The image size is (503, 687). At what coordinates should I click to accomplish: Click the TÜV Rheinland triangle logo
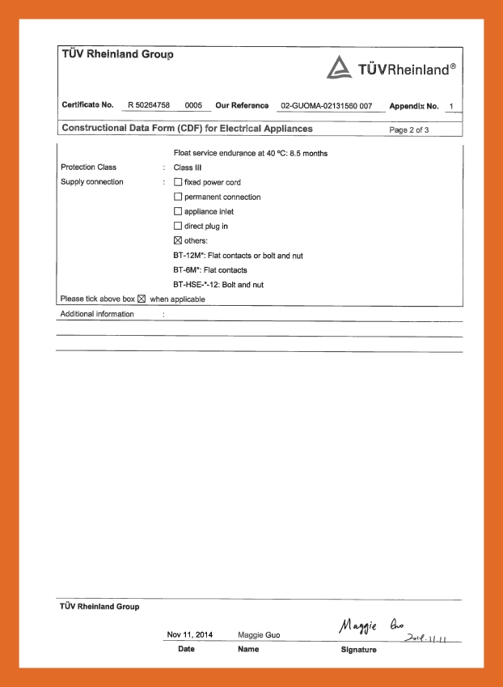click(x=339, y=70)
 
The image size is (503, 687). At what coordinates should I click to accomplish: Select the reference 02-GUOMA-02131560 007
click(x=326, y=106)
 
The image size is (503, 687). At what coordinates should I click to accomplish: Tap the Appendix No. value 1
click(x=450, y=106)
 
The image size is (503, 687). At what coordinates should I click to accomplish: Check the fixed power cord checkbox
click(x=178, y=182)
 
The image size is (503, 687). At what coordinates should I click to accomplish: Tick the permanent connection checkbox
click(x=178, y=197)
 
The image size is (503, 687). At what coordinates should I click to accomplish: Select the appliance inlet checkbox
click(x=178, y=211)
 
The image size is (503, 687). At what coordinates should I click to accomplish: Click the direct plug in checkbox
click(x=178, y=226)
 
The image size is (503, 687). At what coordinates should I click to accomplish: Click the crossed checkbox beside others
click(x=178, y=240)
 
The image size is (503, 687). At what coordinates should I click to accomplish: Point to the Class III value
click(x=188, y=168)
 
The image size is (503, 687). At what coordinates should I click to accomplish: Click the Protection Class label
click(x=88, y=168)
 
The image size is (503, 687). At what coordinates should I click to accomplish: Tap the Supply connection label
click(x=91, y=182)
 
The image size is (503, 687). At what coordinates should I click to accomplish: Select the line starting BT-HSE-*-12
click(x=218, y=284)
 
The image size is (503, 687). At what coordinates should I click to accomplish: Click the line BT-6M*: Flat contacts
click(x=209, y=269)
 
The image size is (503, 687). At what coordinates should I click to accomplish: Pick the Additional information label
click(x=97, y=314)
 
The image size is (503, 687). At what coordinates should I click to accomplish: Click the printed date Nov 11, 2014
click(x=190, y=635)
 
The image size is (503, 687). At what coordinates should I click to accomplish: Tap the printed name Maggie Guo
click(x=259, y=635)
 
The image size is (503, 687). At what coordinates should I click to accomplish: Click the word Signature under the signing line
click(x=358, y=649)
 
